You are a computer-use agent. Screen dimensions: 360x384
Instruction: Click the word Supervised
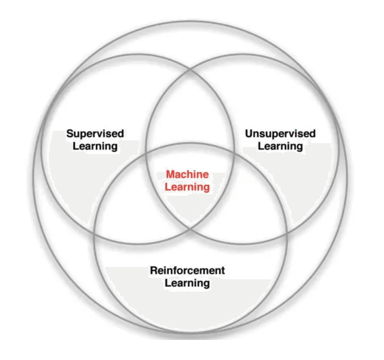pyautogui.click(x=95, y=134)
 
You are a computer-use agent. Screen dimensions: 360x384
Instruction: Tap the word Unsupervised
pyautogui.click(x=280, y=134)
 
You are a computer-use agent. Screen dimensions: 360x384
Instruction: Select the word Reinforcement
pyautogui.click(x=187, y=271)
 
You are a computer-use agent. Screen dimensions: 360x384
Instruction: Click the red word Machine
pyautogui.click(x=187, y=175)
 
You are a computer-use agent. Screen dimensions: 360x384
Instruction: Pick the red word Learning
pyautogui.click(x=187, y=187)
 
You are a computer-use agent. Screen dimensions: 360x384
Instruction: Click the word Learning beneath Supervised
pyautogui.click(x=95, y=146)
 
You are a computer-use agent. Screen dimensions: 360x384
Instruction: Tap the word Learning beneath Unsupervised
pyautogui.click(x=280, y=146)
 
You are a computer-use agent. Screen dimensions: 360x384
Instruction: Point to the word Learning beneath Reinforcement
pyautogui.click(x=187, y=283)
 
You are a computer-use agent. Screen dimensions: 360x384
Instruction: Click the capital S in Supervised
pyautogui.click(x=70, y=134)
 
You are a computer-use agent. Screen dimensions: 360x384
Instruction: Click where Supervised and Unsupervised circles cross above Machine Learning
pyautogui.click(x=191, y=69)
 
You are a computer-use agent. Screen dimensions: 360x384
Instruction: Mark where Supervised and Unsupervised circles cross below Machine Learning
pyautogui.click(x=191, y=228)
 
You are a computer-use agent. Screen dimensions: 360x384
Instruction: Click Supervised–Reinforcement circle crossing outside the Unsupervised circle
pyautogui.click(x=94, y=233)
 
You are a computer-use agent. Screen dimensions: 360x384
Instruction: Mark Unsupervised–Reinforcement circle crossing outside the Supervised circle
pyautogui.click(x=287, y=233)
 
